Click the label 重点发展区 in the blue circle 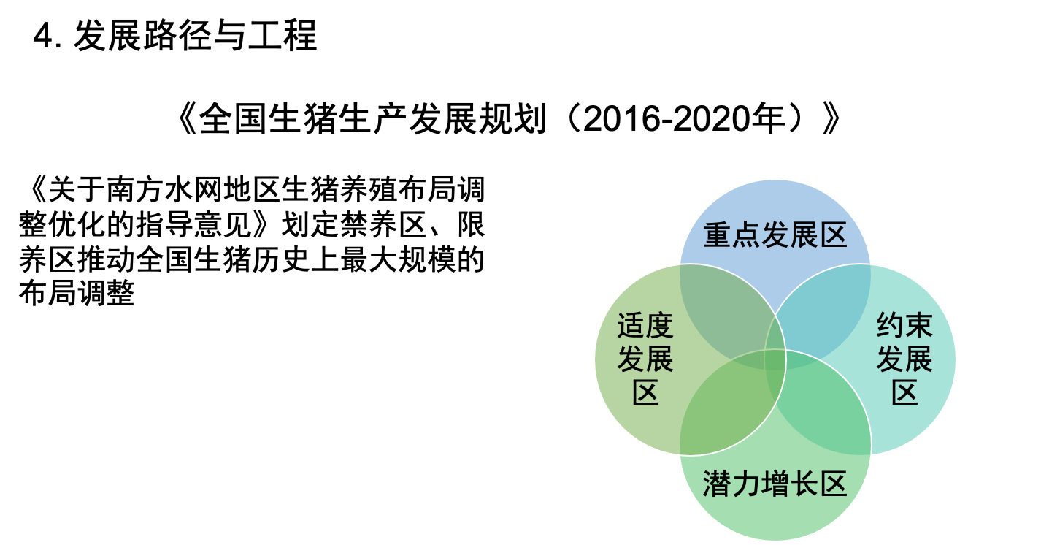click(x=775, y=236)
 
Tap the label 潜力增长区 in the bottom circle click(x=775, y=484)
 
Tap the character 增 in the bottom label click(x=775, y=484)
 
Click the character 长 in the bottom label click(x=803, y=484)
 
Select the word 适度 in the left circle click(x=645, y=326)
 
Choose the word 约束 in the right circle click(x=904, y=326)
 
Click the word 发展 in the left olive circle click(x=645, y=359)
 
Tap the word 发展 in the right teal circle click(x=904, y=359)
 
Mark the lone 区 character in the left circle click(x=645, y=393)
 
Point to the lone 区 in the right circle click(x=904, y=393)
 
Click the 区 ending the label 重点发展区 click(x=832, y=236)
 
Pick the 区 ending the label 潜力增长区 click(x=832, y=484)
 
